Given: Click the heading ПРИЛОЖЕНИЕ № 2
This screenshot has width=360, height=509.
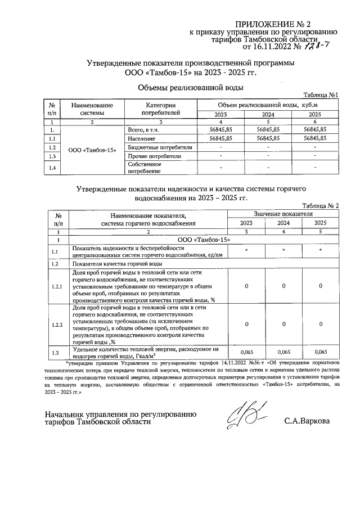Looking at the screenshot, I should [x=272, y=24].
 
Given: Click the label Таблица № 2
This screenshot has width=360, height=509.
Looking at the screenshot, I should [x=320, y=206].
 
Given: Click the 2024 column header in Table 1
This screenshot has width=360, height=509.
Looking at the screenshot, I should [x=268, y=115].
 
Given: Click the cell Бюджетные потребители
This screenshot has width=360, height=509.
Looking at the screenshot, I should [x=160, y=147].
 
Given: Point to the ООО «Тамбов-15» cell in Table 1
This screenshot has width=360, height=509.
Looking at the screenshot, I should [x=92, y=151].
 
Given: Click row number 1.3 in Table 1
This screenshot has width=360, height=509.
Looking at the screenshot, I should [x=52, y=156].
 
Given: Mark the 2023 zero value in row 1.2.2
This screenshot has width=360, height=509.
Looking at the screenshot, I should [x=246, y=325].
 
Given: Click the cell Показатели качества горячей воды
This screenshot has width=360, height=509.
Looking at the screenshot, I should [x=117, y=263].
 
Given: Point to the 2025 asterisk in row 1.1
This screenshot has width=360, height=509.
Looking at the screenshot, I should [x=320, y=250].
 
